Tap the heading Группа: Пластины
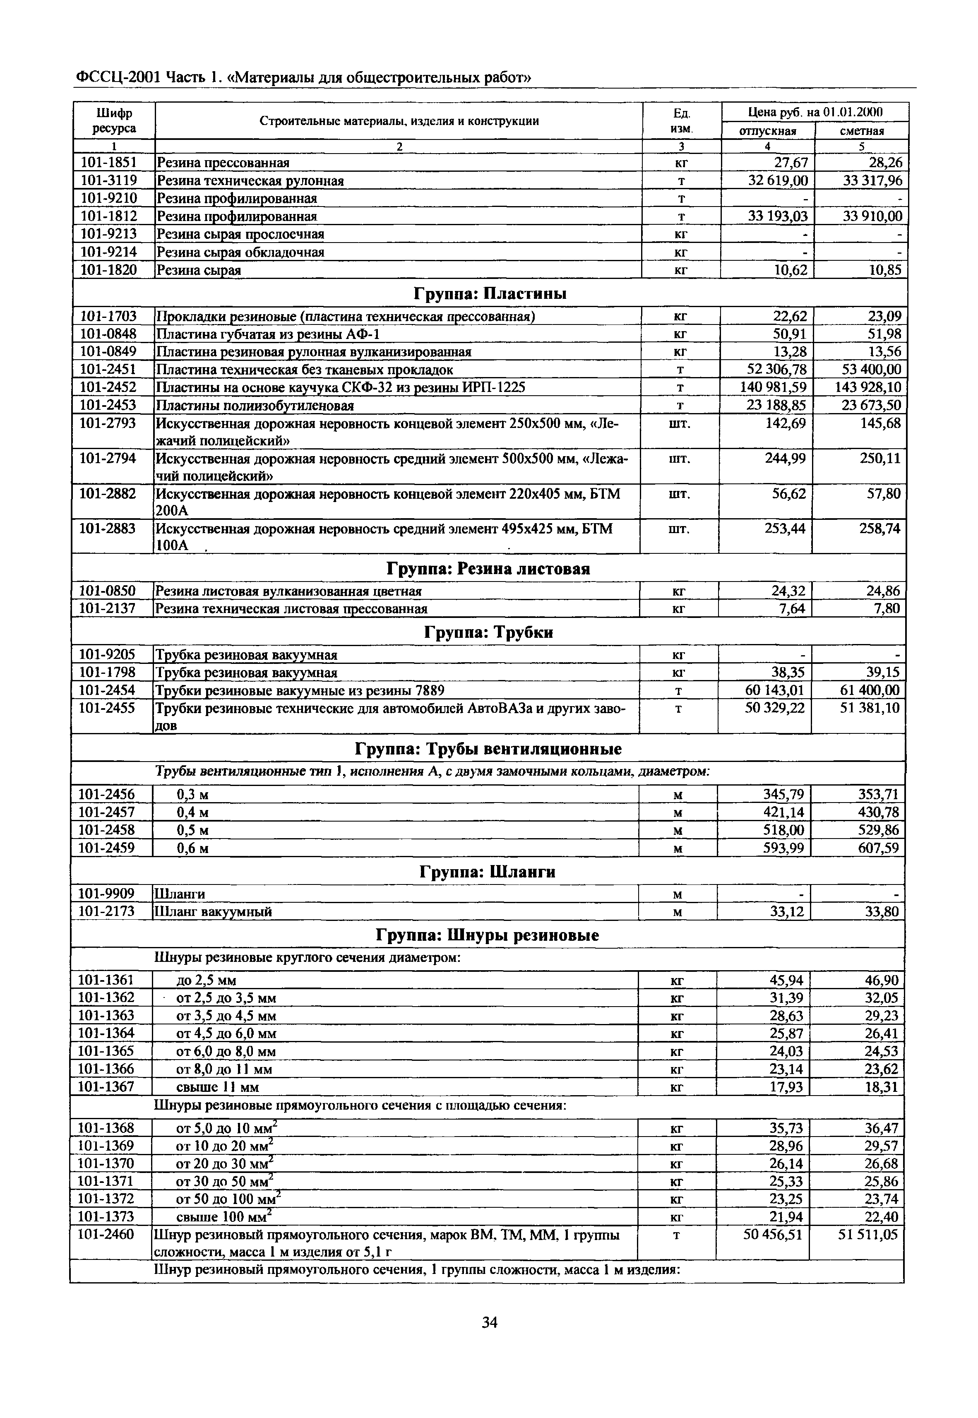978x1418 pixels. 490,294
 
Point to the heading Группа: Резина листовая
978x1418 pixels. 488,569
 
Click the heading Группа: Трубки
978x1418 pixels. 488,632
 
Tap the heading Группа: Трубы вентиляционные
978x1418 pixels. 488,749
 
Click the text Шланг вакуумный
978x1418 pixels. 213,912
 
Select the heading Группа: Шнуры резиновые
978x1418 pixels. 487,935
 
